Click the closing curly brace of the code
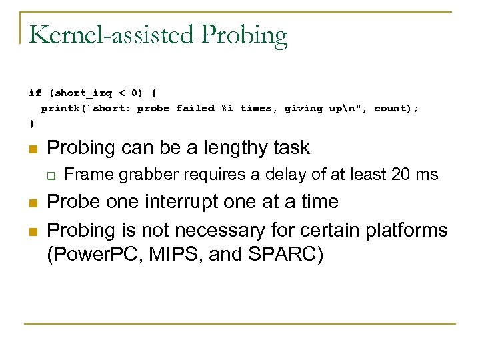tap(31, 124)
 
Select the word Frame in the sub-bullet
tap(85, 175)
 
